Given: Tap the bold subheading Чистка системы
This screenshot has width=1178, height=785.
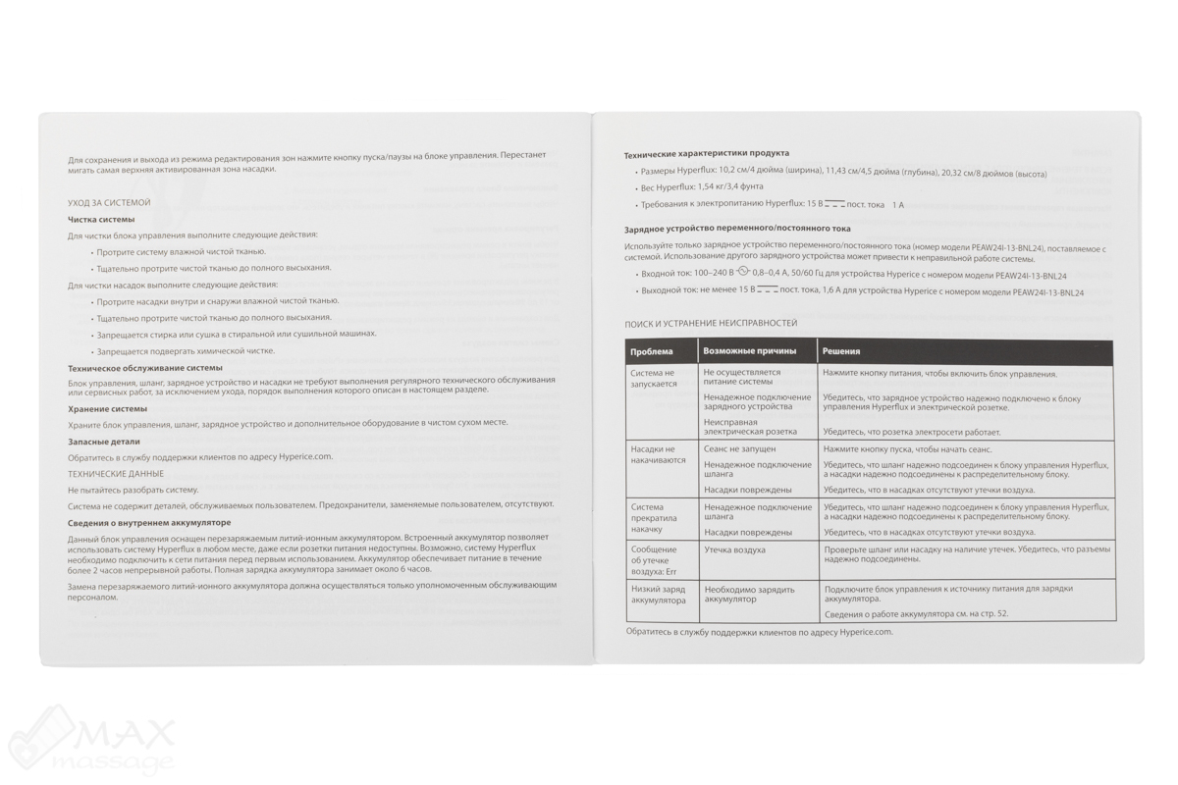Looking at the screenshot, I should coord(101,219).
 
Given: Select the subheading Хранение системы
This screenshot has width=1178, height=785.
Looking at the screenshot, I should coord(108,408).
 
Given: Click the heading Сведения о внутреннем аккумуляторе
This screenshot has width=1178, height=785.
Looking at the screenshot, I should coord(149,523).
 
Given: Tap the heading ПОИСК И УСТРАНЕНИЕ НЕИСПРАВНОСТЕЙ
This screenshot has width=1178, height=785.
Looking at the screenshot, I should coord(712,323).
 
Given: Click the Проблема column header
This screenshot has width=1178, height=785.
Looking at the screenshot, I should coord(653,351).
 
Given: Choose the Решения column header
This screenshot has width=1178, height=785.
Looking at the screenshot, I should coord(842,351).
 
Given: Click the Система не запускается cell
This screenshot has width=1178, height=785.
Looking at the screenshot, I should coord(654,379).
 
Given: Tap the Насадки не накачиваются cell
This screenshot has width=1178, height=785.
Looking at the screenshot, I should coord(657,454).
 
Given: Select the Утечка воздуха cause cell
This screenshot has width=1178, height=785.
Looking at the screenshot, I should coord(734,550).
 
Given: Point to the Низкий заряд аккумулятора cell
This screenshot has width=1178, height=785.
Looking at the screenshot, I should coord(660,593).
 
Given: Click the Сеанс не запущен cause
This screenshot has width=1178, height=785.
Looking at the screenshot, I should coord(739,448).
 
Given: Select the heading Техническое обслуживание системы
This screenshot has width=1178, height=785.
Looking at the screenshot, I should coord(145,367).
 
